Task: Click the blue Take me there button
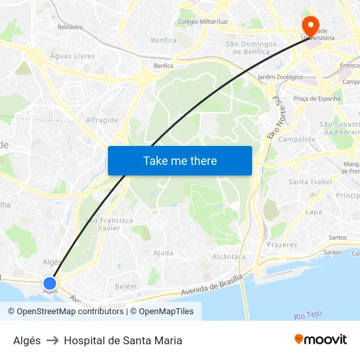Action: (180, 160)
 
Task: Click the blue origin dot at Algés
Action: (50, 283)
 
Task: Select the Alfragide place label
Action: (102, 120)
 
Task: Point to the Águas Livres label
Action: (72, 56)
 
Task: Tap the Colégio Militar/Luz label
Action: (203, 22)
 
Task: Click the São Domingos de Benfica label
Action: (247, 48)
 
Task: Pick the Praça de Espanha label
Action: (317, 99)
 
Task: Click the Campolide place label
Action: (297, 139)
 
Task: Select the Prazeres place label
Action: (282, 245)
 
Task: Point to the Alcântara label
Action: (229, 257)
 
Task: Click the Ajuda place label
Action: (163, 253)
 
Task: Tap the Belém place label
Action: (126, 287)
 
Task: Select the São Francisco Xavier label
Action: (109, 225)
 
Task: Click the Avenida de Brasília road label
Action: (204, 288)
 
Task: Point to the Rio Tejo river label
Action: (308, 315)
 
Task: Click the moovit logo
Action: (321, 340)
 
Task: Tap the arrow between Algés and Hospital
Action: (52, 340)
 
